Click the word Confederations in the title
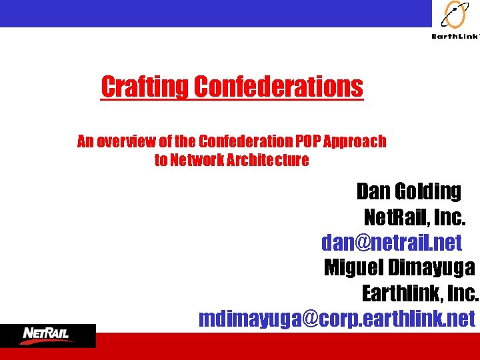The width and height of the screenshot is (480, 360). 279,87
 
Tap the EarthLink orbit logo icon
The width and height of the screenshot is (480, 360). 455,15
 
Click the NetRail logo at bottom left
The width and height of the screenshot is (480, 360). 48,334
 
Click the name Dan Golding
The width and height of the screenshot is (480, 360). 408,191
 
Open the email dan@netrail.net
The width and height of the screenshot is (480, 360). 391,242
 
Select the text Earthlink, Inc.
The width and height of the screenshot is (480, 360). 420,293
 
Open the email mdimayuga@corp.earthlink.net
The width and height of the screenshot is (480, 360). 337,319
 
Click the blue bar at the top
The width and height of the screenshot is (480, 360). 213,13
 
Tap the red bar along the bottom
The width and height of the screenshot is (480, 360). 267,346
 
